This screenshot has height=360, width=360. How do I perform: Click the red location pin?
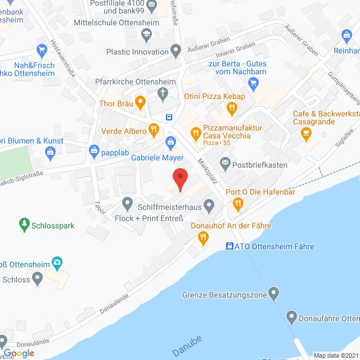[x=179, y=179]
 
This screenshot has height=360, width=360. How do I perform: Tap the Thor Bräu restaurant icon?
[x=140, y=103]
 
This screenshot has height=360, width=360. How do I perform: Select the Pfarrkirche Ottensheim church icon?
[x=162, y=93]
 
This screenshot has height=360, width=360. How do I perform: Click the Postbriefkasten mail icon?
[x=226, y=165]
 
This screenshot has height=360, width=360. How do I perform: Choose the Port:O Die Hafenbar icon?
[x=237, y=206]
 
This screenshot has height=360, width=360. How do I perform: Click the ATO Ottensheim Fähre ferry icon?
[x=229, y=246]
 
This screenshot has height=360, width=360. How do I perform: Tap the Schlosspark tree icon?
[x=24, y=224]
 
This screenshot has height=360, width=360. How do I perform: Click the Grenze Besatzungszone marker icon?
[x=273, y=293]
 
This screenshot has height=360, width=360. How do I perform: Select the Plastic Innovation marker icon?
[x=177, y=52]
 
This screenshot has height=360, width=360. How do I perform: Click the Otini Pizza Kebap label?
[x=214, y=97]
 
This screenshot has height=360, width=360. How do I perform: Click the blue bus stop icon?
[x=169, y=117]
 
